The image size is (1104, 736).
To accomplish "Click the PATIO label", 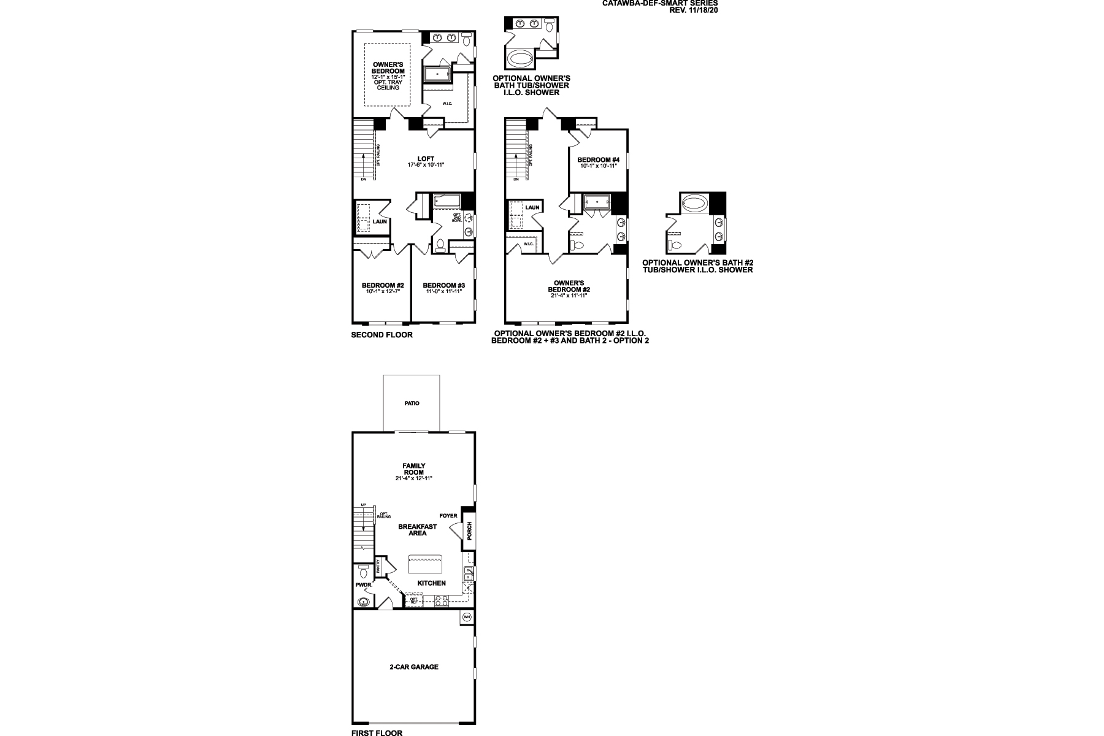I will click(412, 404).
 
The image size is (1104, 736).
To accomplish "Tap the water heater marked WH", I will click(467, 616).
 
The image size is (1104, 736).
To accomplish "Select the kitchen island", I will click(425, 560).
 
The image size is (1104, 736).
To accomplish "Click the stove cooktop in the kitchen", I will click(440, 602).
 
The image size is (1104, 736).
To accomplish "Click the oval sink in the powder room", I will click(365, 602).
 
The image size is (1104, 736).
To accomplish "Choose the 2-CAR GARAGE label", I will click(413, 667).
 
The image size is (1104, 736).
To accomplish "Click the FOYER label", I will click(448, 516).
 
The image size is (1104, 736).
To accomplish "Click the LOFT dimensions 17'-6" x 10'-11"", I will click(425, 165).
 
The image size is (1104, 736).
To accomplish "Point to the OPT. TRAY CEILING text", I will click(388, 85).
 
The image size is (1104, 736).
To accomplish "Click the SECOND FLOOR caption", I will click(381, 335).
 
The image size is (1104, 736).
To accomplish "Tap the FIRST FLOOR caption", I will click(377, 732).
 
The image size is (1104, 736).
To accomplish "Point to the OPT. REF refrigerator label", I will click(414, 601).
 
